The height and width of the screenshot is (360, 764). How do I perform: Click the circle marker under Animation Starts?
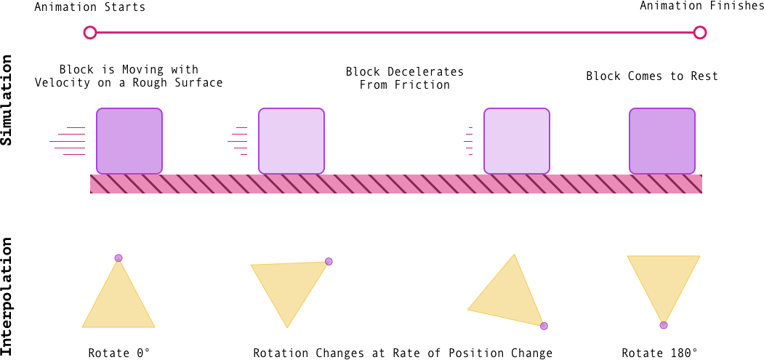point(89,32)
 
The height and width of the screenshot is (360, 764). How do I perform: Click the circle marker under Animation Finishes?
point(700,32)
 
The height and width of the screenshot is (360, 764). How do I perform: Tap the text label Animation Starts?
point(89,8)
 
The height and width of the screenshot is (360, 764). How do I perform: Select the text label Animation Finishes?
point(701,7)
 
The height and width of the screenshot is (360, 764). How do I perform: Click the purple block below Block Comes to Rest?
point(662,140)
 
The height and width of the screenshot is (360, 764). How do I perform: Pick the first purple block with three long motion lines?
point(129,140)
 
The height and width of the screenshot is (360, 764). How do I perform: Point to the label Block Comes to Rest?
point(651,76)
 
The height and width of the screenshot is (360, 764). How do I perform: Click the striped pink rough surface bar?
point(395,184)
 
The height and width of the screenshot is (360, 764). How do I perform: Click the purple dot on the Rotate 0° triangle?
point(118,258)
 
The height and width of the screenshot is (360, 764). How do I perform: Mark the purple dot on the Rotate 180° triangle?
point(663,324)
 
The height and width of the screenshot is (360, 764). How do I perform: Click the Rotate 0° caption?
point(118,353)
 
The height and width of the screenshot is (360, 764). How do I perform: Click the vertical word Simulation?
point(7,104)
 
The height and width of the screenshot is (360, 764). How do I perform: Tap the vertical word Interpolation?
point(7,298)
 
